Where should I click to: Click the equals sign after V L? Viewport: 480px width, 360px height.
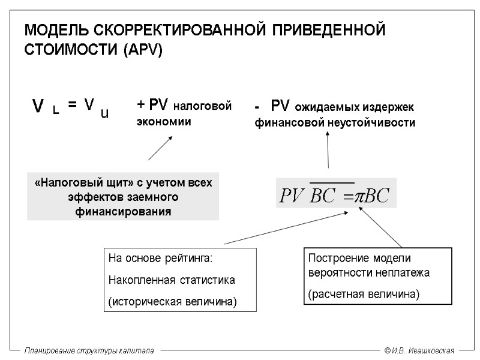click(72, 104)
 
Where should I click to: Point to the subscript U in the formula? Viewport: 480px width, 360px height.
click(104, 112)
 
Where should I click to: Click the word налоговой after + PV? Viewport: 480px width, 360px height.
click(202, 106)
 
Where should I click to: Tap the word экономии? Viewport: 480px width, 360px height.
click(164, 122)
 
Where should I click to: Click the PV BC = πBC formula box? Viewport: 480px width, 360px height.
click(336, 193)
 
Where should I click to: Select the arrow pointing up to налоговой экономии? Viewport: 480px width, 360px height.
click(160, 148)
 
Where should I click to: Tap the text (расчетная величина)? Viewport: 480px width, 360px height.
click(364, 295)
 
